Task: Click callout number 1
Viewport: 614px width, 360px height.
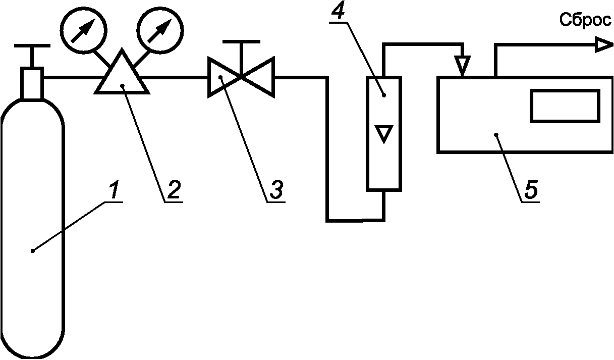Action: [x=114, y=189]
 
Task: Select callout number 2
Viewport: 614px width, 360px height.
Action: [x=174, y=189]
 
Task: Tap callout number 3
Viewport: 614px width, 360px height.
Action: [x=276, y=189]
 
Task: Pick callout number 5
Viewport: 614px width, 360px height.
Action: [x=531, y=189]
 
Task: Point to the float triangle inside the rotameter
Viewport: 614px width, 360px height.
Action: [x=384, y=134]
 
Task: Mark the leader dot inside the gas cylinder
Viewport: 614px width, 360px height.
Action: [x=33, y=251]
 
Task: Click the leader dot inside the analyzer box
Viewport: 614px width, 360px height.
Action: [x=496, y=134]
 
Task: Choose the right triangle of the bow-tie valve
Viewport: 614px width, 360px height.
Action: [x=258, y=77]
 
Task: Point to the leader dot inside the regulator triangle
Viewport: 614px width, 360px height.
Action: [x=123, y=86]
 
